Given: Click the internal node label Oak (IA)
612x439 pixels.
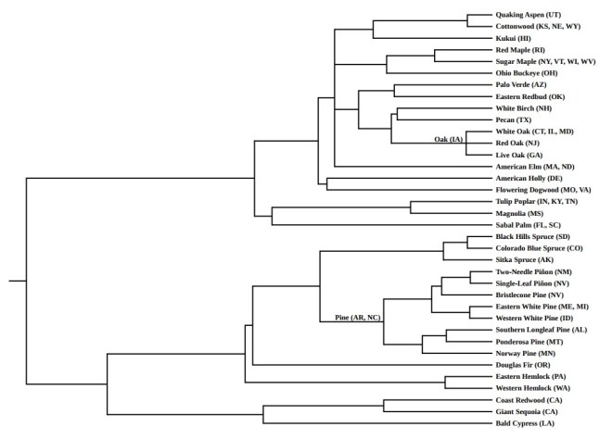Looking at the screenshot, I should click(448, 139).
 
